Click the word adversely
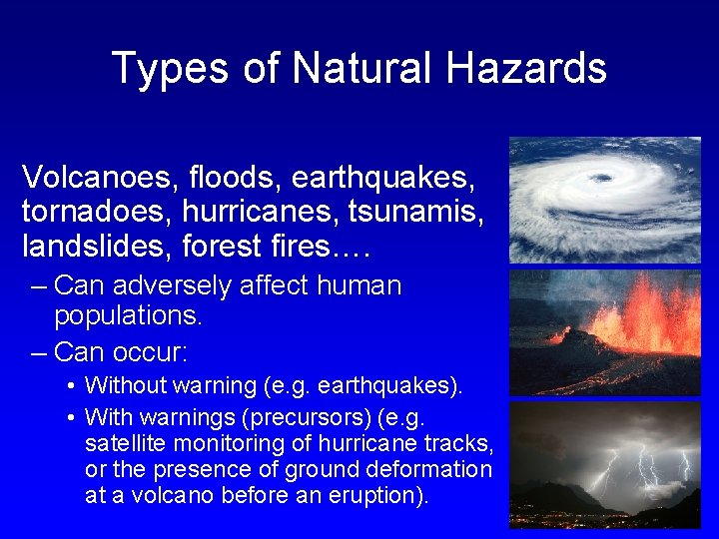click(178, 286)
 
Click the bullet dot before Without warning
click(73, 385)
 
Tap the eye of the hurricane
click(600, 179)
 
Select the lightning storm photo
click(605, 464)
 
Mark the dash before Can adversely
click(38, 286)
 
